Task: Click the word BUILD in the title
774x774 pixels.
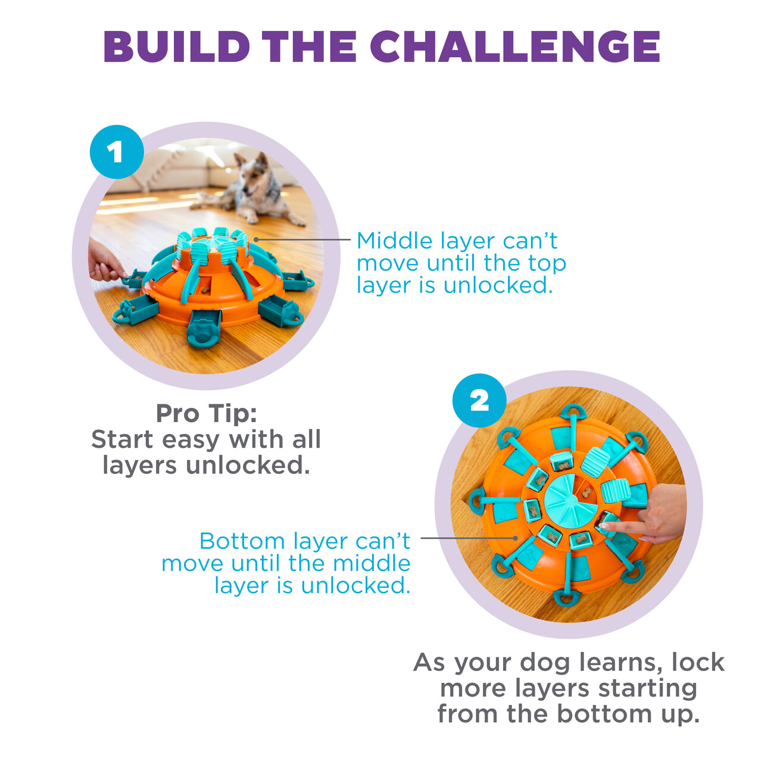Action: (x=177, y=46)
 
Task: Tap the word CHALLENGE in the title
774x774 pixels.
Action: (x=515, y=46)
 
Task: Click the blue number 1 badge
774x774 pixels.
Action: (x=117, y=152)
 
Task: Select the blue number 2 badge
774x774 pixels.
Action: (x=479, y=401)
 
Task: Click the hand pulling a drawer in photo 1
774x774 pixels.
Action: (x=104, y=260)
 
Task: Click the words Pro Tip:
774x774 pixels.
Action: (x=207, y=414)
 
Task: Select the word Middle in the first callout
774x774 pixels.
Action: (x=395, y=241)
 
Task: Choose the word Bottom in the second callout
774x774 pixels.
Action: (x=242, y=541)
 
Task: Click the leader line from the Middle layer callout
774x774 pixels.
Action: (x=302, y=240)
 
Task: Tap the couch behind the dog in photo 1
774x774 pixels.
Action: (x=177, y=168)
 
